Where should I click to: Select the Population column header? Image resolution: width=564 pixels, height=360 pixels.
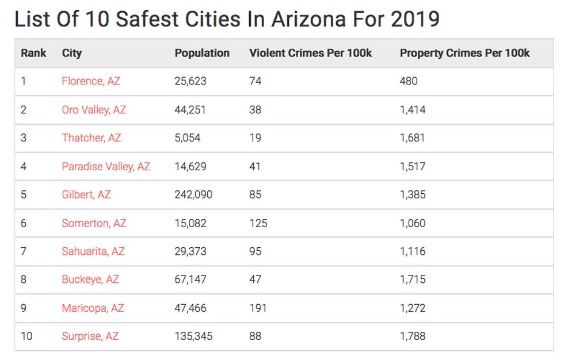202,53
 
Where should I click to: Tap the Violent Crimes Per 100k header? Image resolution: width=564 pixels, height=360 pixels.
310,53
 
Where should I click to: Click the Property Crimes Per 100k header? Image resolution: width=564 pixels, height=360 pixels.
464,53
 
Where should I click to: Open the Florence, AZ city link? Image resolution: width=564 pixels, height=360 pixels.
91,81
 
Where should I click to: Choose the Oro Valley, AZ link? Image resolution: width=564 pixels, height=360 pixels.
94,109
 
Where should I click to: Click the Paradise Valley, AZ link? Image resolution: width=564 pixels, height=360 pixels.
106,166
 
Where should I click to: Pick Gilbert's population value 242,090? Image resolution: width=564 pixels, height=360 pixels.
193,194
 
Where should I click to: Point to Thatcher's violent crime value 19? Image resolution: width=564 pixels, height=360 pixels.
255,138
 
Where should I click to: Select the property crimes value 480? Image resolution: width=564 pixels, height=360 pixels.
409,81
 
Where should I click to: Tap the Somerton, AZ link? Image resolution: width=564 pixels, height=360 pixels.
93,223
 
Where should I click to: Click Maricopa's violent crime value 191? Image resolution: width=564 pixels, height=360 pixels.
258,308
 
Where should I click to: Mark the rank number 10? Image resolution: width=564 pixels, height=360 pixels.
27,336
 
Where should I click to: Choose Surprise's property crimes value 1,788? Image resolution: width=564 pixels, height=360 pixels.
413,336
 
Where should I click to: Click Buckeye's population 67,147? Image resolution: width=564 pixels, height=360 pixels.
190,279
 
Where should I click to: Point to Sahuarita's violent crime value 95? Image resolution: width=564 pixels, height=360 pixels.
256,251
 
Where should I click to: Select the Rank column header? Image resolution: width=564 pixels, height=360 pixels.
33,53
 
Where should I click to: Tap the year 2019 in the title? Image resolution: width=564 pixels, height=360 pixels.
414,19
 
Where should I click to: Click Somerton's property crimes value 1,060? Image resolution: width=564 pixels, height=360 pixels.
413,223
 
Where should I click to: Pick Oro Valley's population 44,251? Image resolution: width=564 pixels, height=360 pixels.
190,109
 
